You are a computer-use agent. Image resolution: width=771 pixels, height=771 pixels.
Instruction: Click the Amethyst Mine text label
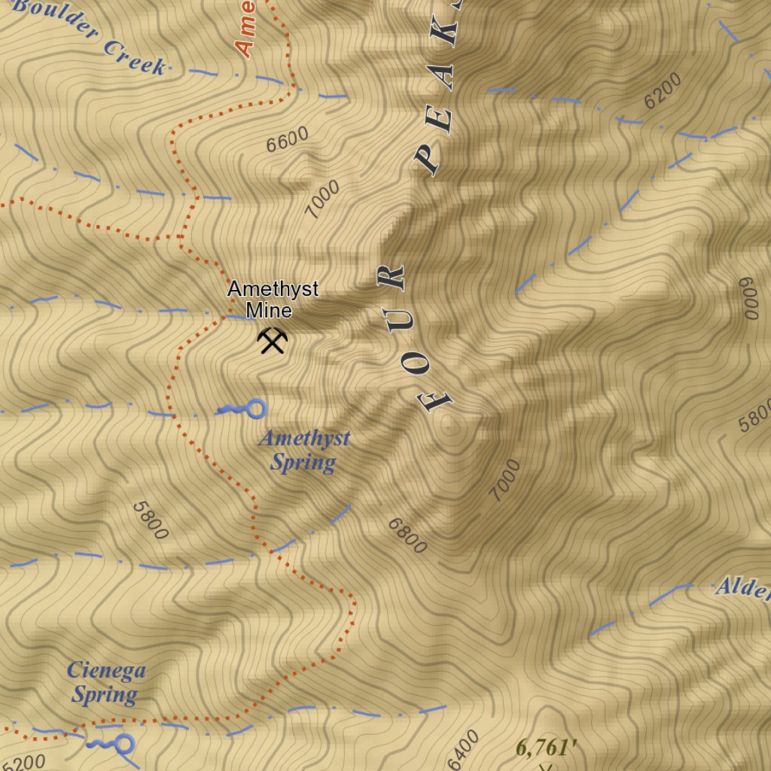(x=273, y=299)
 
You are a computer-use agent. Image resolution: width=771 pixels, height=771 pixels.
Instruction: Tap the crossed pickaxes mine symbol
(x=272, y=341)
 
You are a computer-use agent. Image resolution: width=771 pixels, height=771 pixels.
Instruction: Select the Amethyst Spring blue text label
(x=303, y=450)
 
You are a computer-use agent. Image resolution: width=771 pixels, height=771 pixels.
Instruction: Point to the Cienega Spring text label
(x=105, y=682)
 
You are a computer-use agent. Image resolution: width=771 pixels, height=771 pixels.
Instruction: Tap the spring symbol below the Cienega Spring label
(x=113, y=745)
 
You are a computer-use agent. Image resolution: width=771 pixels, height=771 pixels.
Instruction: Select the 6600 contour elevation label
(x=287, y=139)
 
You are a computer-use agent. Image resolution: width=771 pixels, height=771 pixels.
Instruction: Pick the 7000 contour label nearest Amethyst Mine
(x=323, y=199)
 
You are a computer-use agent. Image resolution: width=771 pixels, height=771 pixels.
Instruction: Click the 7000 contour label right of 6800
(x=504, y=480)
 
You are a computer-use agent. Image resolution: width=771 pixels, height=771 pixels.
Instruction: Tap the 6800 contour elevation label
(x=407, y=535)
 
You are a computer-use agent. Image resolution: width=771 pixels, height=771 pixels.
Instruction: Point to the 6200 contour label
(x=663, y=90)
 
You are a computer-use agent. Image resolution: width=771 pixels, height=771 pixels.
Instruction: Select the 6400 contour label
(x=462, y=750)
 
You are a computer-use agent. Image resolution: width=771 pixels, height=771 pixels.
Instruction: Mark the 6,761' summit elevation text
(x=547, y=748)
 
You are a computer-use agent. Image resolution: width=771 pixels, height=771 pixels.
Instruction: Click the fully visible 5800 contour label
(x=150, y=520)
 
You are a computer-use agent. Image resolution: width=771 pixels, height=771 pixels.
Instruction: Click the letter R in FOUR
(x=392, y=278)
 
